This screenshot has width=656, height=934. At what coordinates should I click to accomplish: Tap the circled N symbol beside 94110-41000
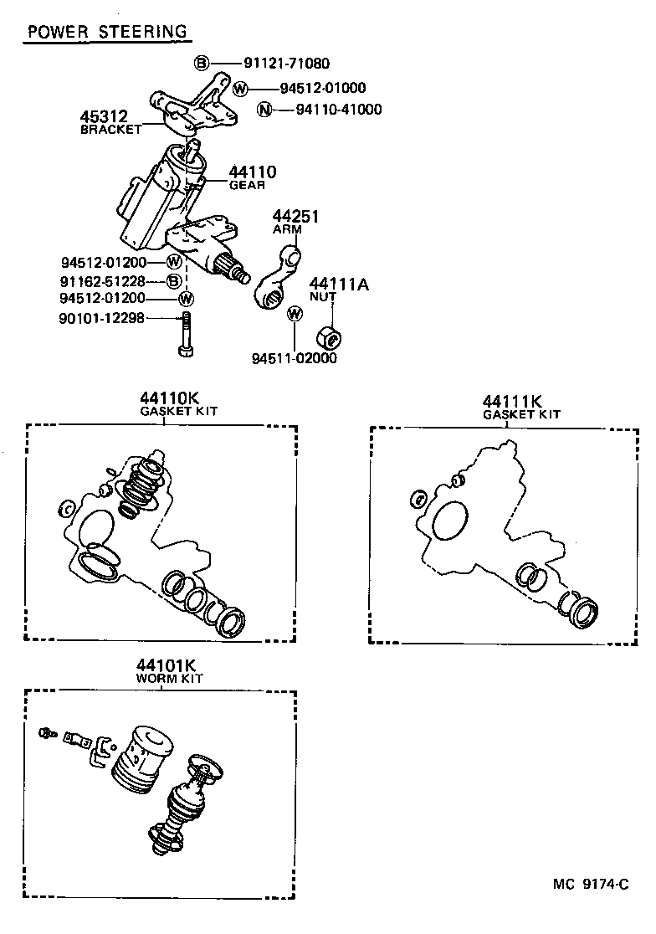point(265,109)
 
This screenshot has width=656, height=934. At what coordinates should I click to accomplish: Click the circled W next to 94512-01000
point(240,88)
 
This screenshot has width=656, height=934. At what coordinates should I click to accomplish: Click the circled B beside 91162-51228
point(174,280)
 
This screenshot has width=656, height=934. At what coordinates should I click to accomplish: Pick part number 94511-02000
point(294,358)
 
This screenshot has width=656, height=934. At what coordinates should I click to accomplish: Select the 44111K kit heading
point(511,401)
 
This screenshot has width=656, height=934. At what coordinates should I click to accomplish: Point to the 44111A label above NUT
point(339,283)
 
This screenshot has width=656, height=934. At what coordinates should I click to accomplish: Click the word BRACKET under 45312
point(111,130)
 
